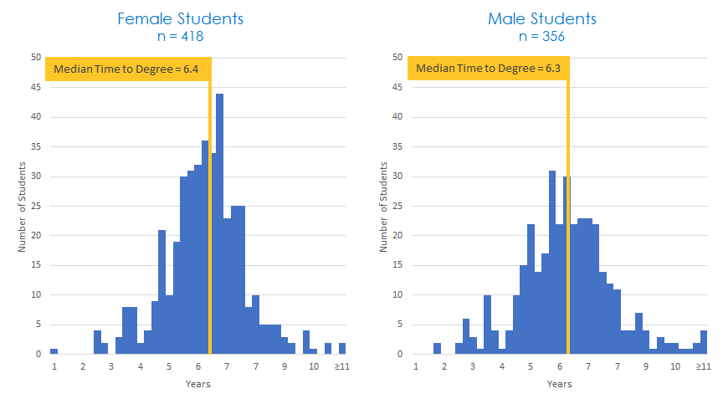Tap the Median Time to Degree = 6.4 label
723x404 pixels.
tap(126, 69)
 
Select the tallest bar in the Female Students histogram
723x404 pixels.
tap(220, 224)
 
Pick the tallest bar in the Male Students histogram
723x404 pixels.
tap(552, 263)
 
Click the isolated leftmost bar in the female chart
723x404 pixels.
tap(54, 351)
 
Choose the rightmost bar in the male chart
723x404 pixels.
tap(704, 342)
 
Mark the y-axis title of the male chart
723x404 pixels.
tap(384, 206)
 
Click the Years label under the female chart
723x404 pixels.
tap(197, 384)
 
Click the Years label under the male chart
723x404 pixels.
tap(559, 384)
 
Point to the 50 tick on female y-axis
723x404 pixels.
tap(35, 58)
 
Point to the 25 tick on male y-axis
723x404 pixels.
tap(397, 206)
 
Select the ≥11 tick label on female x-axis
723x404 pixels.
tap(341, 367)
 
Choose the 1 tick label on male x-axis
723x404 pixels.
tap(415, 367)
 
